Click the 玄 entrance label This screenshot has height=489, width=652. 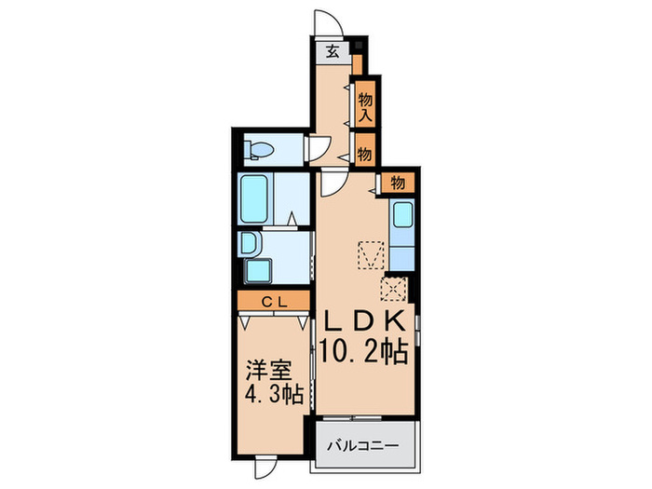point(333,53)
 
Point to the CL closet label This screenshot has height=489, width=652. point(273,301)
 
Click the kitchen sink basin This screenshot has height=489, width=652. point(402,217)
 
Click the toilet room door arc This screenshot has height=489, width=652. point(318,146)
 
